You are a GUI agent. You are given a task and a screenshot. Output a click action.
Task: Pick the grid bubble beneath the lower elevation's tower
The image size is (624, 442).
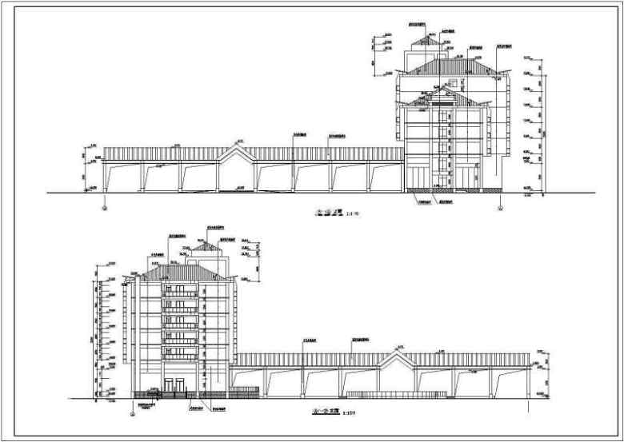[133, 414]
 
